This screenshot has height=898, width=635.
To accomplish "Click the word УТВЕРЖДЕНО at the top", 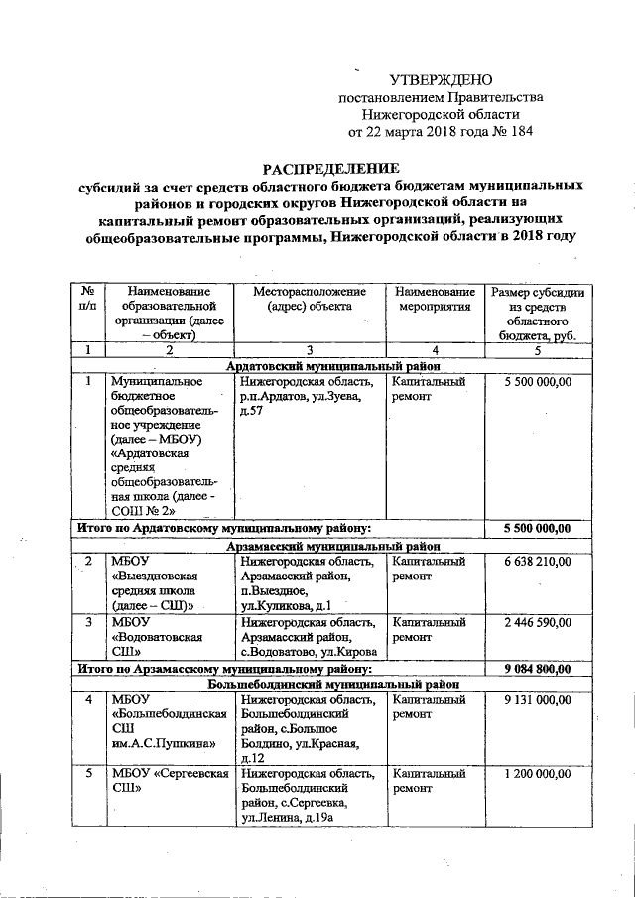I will pyautogui.click(x=441, y=79).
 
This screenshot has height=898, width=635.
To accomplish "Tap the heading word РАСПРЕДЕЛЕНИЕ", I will pyautogui.click(x=330, y=168).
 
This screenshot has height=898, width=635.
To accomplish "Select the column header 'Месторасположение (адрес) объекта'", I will pyautogui.click(x=309, y=299).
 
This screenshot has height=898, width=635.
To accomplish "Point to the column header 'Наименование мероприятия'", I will pyautogui.click(x=435, y=299).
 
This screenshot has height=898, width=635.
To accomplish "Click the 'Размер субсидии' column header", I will pyautogui.click(x=537, y=314).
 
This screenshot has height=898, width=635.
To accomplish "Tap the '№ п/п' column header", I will pyautogui.click(x=88, y=299).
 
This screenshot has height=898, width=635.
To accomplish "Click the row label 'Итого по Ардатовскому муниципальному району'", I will pyautogui.click(x=224, y=528).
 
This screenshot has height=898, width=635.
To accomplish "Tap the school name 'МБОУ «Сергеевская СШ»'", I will pyautogui.click(x=165, y=781).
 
